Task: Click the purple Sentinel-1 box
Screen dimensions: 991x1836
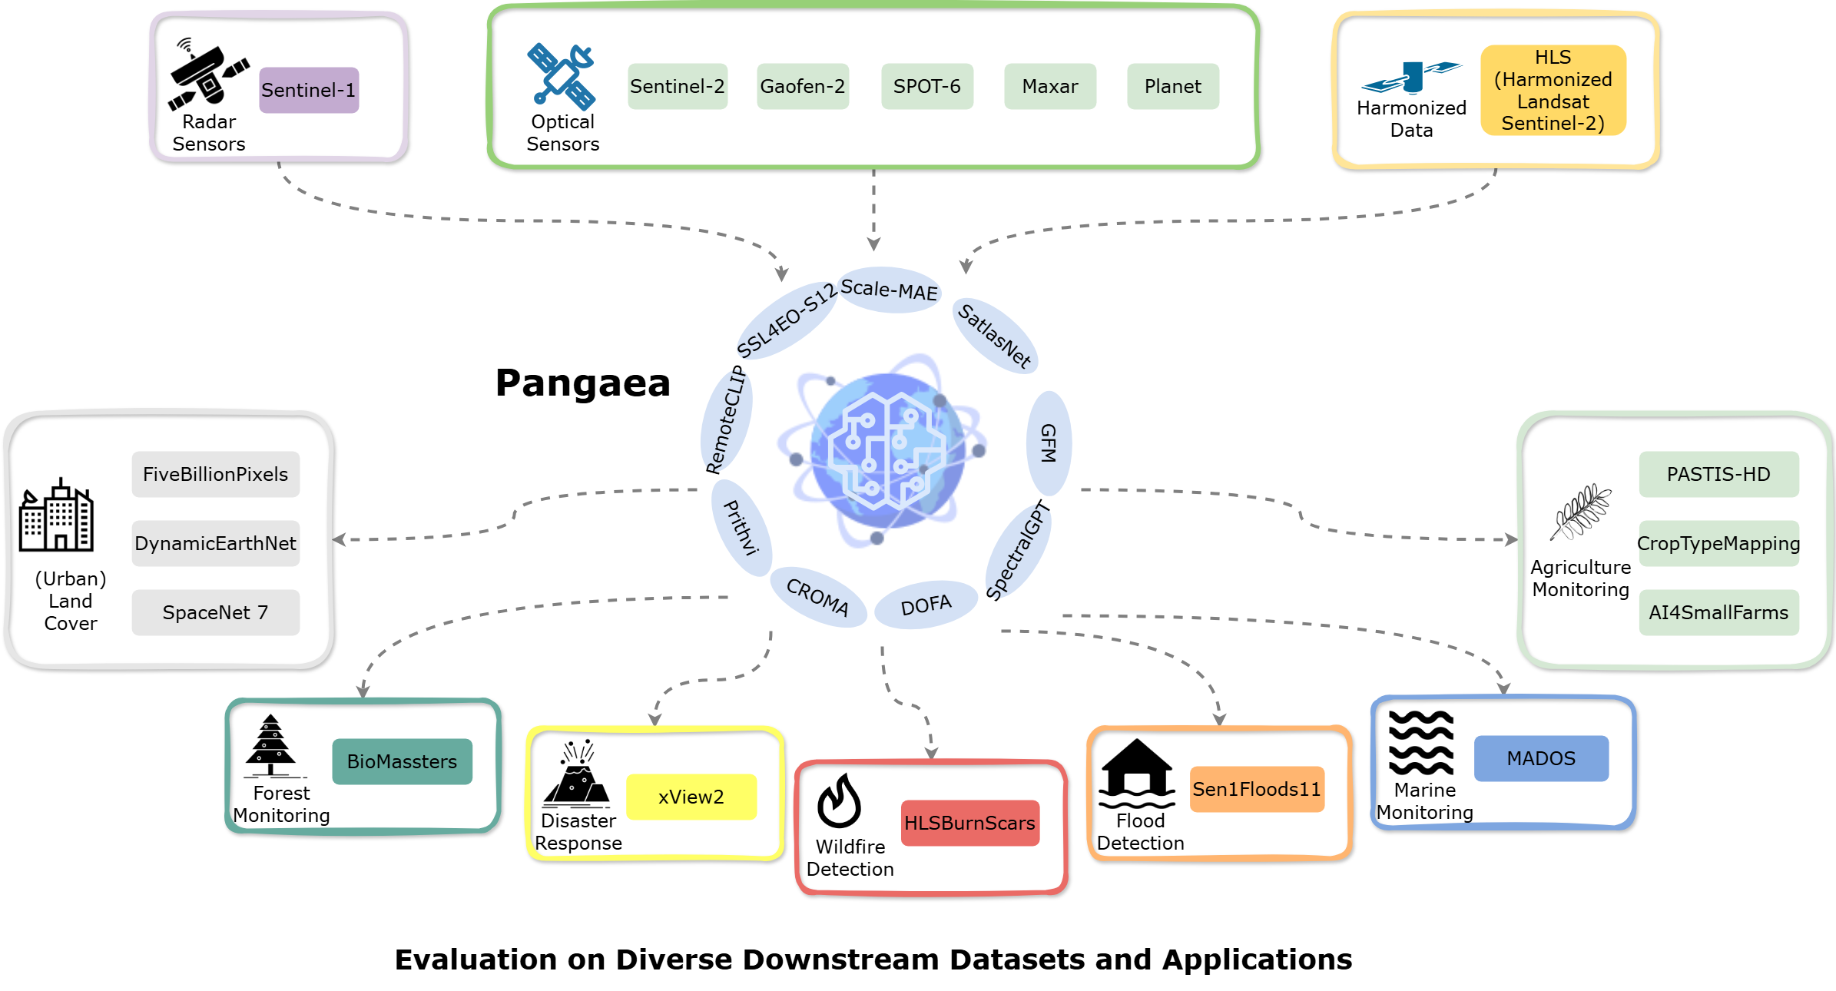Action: pos(309,90)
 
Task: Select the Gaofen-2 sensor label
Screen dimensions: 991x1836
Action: pos(802,86)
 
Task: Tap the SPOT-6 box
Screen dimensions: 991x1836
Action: pos(926,86)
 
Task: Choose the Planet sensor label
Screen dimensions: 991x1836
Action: pos(1172,86)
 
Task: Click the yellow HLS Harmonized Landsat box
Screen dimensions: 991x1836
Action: pos(1553,90)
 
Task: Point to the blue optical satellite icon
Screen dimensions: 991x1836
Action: pos(561,75)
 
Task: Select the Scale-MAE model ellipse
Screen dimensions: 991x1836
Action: pos(889,290)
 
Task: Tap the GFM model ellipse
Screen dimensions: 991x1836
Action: pos(1049,443)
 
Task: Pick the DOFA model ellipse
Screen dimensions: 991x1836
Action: pos(926,605)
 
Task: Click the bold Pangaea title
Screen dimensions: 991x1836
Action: pos(582,383)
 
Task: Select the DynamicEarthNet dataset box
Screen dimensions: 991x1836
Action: pos(215,543)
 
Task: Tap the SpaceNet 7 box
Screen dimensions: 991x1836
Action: pos(215,612)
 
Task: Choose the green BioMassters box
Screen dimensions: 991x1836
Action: pos(402,761)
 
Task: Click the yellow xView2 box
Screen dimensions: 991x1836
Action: pos(691,797)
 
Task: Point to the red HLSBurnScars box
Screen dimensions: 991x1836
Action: pos(969,823)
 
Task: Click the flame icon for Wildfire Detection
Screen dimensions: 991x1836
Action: pos(839,800)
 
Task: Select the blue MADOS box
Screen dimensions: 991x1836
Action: pos(1541,758)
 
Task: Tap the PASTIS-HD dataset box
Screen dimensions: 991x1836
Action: pos(1718,474)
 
